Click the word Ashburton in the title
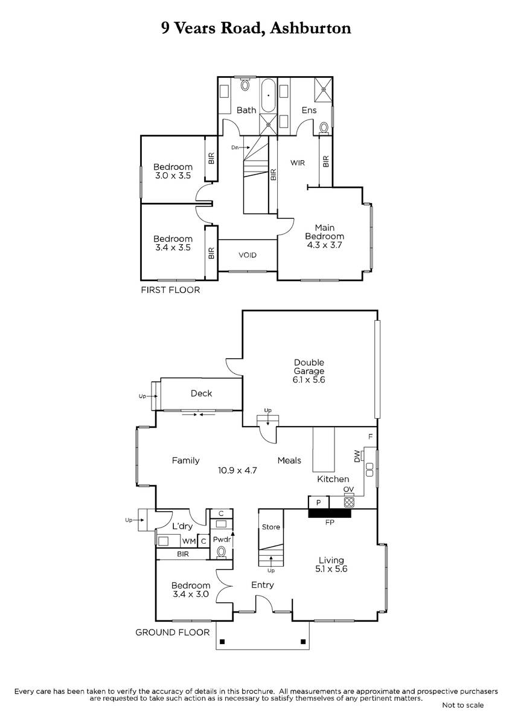point(310,28)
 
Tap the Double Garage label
point(309,367)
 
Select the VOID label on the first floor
point(248,255)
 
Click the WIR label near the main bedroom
point(298,163)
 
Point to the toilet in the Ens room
point(324,127)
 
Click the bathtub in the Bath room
point(268,95)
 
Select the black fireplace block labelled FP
point(330,513)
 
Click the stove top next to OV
point(349,502)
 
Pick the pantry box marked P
point(319,503)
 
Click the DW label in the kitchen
point(357,456)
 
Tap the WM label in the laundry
point(189,541)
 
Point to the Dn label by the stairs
point(235,147)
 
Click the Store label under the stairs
point(270,527)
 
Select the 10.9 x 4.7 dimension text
point(237,470)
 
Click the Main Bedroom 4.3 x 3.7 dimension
point(324,245)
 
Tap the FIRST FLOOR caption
point(170,290)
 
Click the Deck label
point(202,393)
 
